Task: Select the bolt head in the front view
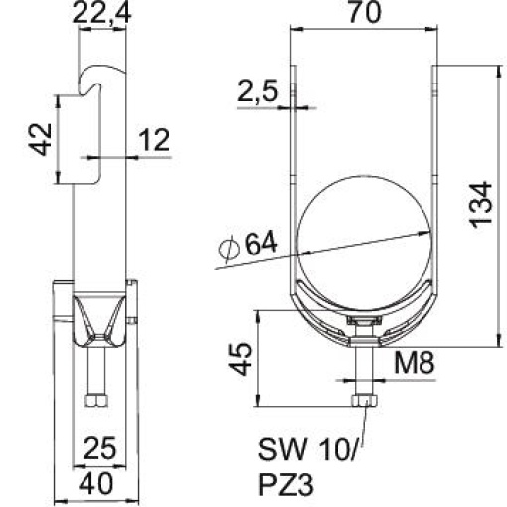pos(363,400)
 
